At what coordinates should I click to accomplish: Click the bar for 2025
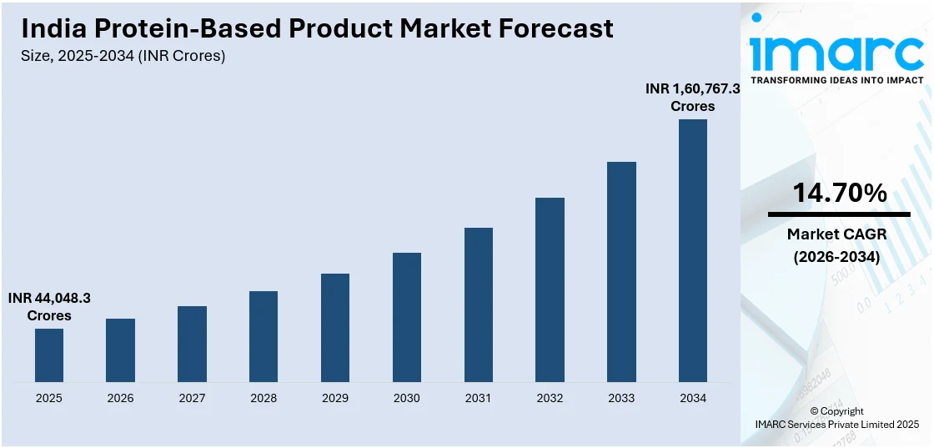point(49,355)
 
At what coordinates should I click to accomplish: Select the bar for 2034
point(692,250)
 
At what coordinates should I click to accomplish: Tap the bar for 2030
point(407,317)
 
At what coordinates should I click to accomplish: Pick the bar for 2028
point(264,336)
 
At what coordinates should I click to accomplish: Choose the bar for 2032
point(550,289)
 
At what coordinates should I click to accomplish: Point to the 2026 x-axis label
point(121,398)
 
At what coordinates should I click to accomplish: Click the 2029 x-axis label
point(335,398)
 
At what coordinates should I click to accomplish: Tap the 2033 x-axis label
point(621,398)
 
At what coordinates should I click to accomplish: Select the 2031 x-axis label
point(479,398)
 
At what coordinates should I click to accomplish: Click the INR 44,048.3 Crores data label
point(49,306)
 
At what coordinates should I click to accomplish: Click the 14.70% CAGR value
point(838,194)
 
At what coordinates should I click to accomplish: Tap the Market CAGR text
point(837,234)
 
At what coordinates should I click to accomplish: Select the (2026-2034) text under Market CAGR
point(837,257)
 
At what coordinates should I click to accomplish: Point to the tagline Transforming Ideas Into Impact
point(837,80)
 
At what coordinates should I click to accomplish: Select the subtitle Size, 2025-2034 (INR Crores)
point(123,56)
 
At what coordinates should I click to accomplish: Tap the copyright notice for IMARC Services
point(836,418)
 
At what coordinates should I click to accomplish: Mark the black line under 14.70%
point(838,214)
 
